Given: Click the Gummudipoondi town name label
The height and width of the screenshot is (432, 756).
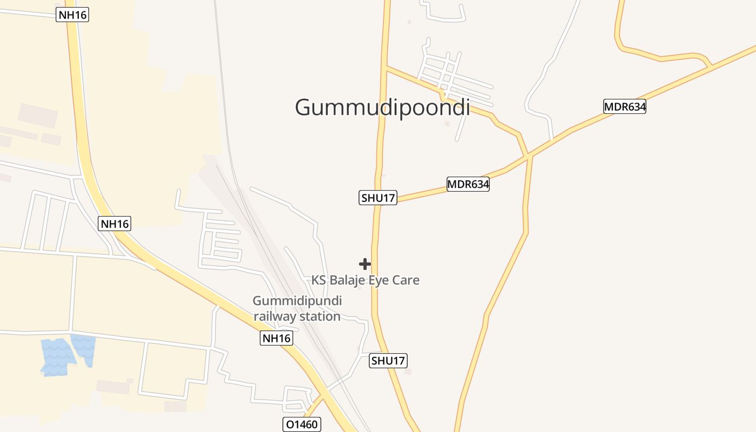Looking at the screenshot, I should point(382,107).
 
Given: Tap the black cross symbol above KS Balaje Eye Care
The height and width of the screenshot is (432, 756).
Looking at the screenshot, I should point(365,264).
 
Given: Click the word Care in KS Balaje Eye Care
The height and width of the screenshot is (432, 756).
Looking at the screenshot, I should point(407,280).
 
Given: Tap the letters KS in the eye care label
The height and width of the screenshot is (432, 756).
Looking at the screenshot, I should point(319,280).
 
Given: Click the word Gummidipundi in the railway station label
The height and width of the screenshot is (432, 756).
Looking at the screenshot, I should point(298,301).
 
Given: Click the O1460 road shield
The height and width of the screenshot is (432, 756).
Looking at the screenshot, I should point(302,424).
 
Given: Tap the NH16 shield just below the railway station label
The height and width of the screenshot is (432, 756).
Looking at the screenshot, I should point(276,339).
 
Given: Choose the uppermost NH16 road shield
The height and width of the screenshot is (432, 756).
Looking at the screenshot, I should point(72,15).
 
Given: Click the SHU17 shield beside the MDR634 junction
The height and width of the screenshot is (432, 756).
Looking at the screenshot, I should point(378,198).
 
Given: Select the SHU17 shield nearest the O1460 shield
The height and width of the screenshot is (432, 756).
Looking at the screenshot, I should point(388,361).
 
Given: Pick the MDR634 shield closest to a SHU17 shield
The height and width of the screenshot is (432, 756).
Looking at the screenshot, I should point(468,185).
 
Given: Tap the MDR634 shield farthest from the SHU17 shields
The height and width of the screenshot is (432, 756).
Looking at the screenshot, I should point(625,106).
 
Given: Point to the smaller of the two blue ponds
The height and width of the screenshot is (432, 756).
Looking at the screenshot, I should point(84,348).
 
